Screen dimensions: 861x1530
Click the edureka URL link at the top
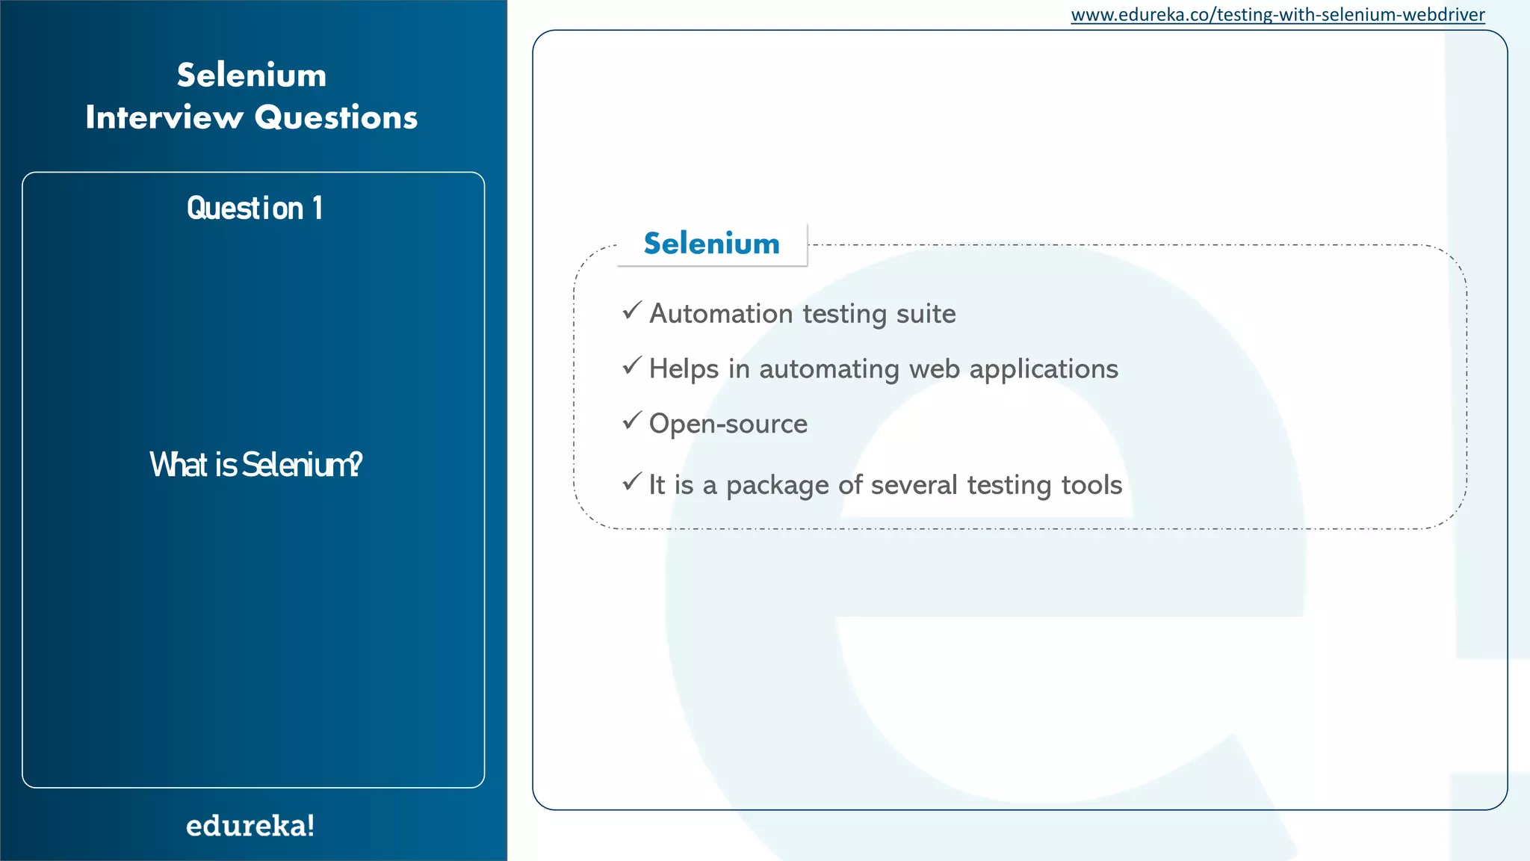tap(1277, 15)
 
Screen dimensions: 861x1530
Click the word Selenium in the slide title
tap(252, 75)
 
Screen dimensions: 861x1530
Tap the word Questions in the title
tap(336, 117)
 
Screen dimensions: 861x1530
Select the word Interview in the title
tap(164, 117)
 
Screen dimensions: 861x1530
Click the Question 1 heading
tap(254, 208)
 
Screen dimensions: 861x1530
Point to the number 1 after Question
tap(318, 208)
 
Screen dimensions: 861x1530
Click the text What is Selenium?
tap(255, 465)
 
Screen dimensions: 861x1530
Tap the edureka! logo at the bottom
tap(250, 825)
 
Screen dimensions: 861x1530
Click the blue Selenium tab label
tap(711, 244)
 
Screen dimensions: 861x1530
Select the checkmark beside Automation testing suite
tap(632, 310)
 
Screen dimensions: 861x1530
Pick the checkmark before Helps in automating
tap(632, 365)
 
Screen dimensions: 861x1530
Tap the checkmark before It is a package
tap(632, 481)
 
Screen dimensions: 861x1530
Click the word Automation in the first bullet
tap(721, 313)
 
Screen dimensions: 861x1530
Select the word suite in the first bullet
tap(926, 313)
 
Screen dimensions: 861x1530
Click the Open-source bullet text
tap(728, 424)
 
